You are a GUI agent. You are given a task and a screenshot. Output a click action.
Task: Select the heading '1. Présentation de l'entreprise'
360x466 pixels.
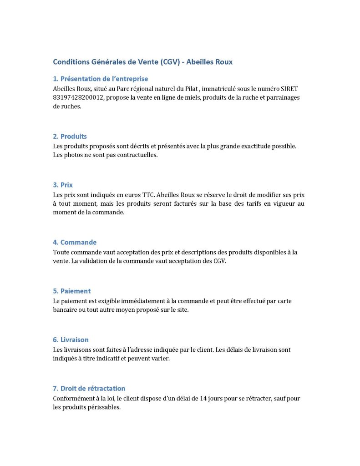click(x=101, y=79)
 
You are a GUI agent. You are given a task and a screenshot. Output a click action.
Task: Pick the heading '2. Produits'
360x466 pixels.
click(x=70, y=137)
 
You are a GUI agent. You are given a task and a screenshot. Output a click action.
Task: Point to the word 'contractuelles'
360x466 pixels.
click(x=136, y=155)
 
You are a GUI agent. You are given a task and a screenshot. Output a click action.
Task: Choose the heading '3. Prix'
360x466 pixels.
click(x=63, y=185)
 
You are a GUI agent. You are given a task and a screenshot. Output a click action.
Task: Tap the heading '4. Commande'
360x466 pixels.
click(x=75, y=243)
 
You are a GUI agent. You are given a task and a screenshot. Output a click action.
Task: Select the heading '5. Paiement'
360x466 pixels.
click(x=72, y=291)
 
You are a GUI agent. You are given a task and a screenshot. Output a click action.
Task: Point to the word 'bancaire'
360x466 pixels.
click(x=65, y=309)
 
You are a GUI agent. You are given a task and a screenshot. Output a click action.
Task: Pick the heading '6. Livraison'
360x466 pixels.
click(x=71, y=340)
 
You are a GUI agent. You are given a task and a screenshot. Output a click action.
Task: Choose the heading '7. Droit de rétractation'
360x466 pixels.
click(x=89, y=389)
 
